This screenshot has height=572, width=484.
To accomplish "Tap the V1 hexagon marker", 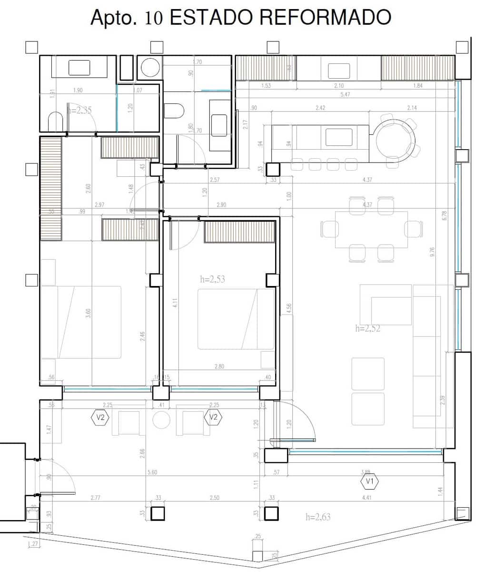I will click(369, 482).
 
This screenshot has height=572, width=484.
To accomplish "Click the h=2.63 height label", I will click(318, 517).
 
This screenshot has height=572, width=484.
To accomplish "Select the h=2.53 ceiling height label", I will click(213, 279).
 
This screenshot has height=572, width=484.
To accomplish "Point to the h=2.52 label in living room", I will click(368, 328).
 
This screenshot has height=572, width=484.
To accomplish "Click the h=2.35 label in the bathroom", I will click(80, 110).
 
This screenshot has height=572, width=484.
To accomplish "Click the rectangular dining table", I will click(371, 230).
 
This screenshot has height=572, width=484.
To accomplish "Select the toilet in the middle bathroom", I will click(174, 111).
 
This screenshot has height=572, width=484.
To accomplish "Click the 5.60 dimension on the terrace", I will click(152, 472).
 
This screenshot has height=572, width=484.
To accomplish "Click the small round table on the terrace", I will click(161, 420).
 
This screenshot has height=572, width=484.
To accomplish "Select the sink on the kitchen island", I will click(339, 137).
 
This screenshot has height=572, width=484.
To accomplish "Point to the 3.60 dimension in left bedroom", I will click(88, 314).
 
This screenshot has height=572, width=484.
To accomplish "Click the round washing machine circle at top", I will click(149, 67).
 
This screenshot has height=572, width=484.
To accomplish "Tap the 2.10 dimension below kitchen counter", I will click(339, 86).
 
